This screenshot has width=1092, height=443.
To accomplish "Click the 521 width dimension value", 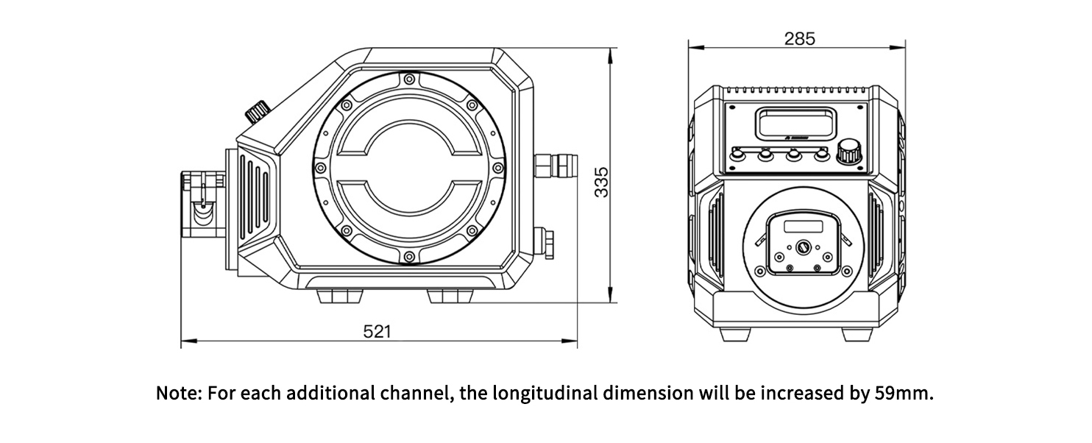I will [376, 332].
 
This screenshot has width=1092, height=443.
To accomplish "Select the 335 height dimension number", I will [601, 182].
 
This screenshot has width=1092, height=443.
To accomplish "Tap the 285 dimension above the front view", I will [799, 39].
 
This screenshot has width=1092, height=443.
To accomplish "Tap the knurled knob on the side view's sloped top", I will [257, 112].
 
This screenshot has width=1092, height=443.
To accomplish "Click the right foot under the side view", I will [449, 295].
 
